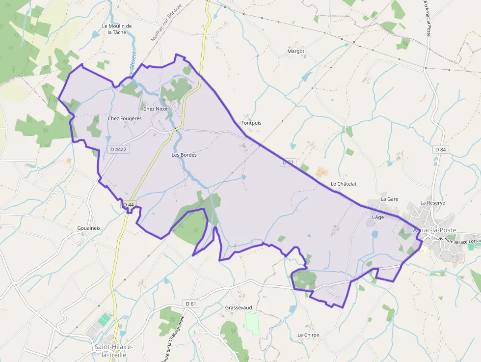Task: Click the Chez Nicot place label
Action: pos(155,109)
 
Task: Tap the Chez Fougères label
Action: pos(125,118)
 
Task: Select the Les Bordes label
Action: pos(184,155)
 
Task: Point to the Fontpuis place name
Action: pos(251,123)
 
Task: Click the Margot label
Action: pos(295,51)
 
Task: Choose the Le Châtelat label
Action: pos(344,184)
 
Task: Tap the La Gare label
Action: pos(389,199)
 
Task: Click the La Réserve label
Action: pos(432,202)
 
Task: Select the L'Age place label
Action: pos(377,217)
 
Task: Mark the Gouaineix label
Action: pos(89,228)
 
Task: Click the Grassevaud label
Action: pos(239,307)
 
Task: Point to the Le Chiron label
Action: pos(308,335)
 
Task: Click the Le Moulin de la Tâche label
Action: pos(117,29)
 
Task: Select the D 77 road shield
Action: pos(288,162)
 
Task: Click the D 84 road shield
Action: pos(440,149)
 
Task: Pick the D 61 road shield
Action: pos(190,304)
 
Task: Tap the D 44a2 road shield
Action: pos(118,149)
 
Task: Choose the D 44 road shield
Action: pos(128,204)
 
